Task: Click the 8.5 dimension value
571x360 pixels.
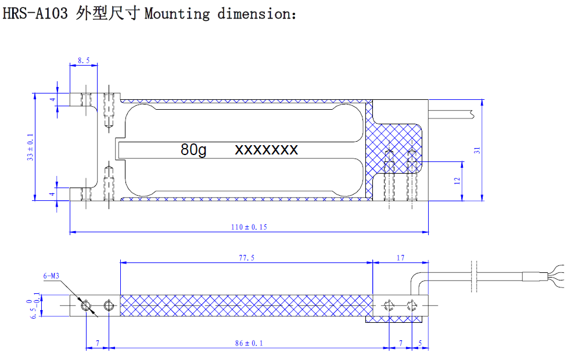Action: point(84,60)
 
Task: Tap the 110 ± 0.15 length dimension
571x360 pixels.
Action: point(249,227)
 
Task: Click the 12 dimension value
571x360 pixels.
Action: point(457,181)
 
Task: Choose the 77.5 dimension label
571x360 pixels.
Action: point(246,258)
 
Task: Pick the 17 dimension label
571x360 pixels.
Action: point(400,258)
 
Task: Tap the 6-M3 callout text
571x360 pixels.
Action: point(51,276)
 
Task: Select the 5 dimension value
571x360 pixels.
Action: point(420,343)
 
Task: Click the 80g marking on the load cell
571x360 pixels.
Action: point(193,150)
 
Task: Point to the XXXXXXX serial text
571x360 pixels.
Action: point(266,150)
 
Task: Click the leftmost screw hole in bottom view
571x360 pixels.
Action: point(86,305)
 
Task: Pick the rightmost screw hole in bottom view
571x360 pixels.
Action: point(412,305)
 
